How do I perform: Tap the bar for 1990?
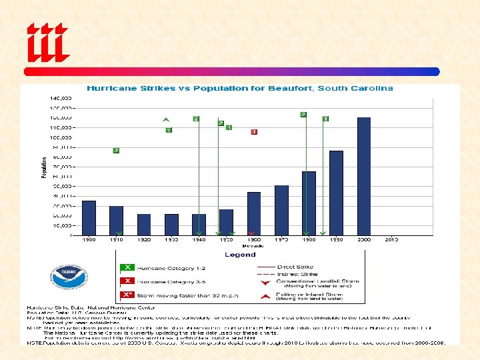(336, 193)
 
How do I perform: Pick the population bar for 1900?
(89, 217)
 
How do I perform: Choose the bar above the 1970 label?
(281, 210)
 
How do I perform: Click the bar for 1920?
(144, 224)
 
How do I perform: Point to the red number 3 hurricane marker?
(254, 132)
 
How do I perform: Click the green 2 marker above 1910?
(116, 151)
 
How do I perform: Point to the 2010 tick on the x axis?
(391, 239)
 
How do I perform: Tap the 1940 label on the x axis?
(199, 239)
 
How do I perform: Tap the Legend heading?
(240, 255)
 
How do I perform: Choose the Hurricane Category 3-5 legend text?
(162, 281)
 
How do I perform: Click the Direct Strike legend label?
(296, 267)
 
